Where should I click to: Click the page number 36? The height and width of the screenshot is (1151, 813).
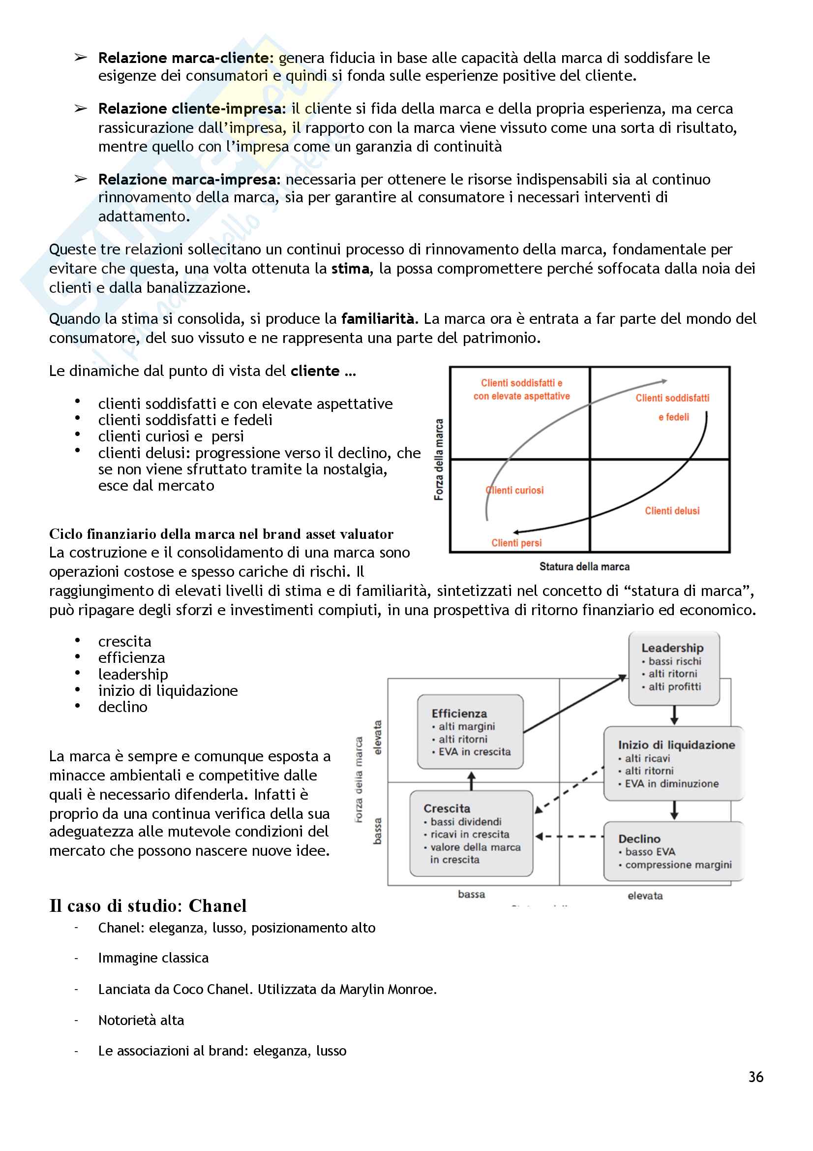pos(755,1077)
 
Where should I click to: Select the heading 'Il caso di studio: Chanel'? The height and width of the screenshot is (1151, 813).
pos(148,906)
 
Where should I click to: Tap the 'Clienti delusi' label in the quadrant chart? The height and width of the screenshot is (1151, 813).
pos(672,511)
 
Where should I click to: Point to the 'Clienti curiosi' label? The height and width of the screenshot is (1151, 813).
pos(515,490)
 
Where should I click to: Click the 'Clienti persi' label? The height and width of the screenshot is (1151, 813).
pos(516,543)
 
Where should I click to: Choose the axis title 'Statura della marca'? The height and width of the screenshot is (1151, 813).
pos(584,567)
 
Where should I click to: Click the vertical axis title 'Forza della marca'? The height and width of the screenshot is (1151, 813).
pos(439,460)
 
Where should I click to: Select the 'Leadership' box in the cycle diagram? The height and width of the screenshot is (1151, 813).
pos(674,668)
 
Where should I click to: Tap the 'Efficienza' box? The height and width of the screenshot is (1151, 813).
pos(470,732)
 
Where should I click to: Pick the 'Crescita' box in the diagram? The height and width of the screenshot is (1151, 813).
pos(471,833)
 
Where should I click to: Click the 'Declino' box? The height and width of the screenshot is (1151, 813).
pos(673,851)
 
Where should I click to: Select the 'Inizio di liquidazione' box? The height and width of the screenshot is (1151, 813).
pos(674,764)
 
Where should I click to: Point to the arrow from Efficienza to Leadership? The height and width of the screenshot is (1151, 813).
pos(574,704)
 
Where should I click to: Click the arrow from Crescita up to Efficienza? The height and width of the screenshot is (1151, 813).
pos(471,780)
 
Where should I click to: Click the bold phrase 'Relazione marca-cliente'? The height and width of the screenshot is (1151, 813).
pos(183,58)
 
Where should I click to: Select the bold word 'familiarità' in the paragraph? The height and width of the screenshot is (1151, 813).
pos(377,319)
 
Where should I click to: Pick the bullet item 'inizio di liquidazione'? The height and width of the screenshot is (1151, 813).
pos(168,691)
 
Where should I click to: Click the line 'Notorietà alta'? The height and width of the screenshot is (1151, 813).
pos(141,1020)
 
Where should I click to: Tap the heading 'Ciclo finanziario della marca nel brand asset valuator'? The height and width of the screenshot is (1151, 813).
pos(221,534)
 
